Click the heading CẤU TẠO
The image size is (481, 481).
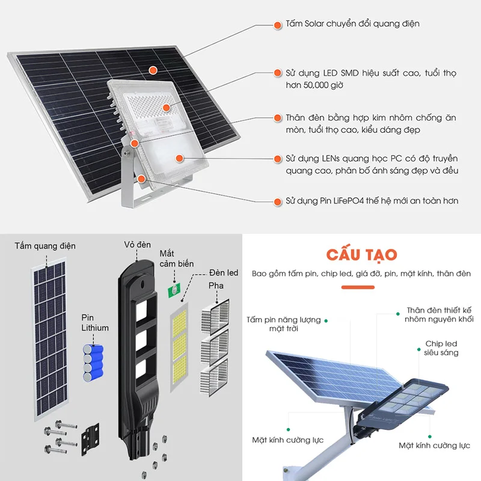click(361, 254)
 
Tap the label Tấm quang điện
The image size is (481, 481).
click(45, 247)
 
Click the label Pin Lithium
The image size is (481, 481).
click(95, 322)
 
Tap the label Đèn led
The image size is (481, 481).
click(224, 273)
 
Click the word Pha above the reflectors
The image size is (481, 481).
click(215, 285)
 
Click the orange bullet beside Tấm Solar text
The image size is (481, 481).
click(277, 25)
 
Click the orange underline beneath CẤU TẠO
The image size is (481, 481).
click(361, 287)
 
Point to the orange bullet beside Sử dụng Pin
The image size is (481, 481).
click(277, 201)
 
